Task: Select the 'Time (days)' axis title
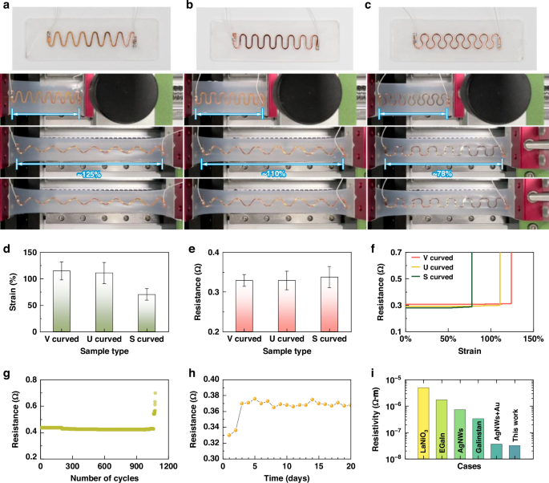pos(284,478)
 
